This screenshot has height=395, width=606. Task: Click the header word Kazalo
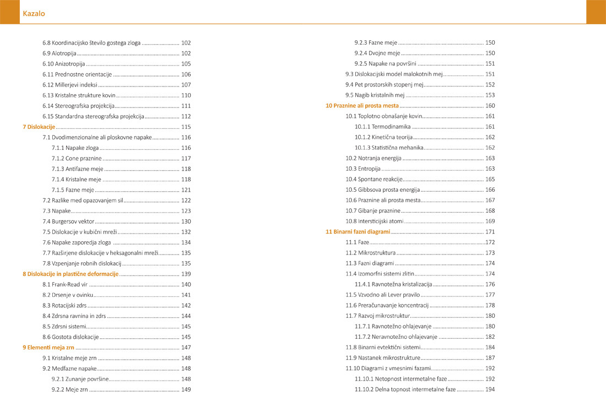tap(34, 14)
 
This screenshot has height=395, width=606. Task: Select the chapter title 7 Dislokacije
tap(39, 127)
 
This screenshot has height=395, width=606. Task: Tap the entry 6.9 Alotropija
tap(59, 53)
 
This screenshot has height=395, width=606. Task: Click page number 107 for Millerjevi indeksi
tap(186, 85)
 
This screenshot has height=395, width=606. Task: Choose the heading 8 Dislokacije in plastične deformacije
tap(71, 274)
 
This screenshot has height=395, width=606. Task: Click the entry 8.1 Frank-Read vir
tap(65, 284)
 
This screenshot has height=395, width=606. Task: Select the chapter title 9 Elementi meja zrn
tap(48, 348)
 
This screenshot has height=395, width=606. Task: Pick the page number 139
tap(186, 274)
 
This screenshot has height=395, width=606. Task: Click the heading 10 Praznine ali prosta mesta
tap(362, 105)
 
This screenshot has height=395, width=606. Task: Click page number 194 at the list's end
tap(490, 389)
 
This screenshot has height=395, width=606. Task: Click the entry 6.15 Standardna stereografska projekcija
tap(93, 116)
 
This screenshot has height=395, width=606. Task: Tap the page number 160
tap(490, 105)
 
